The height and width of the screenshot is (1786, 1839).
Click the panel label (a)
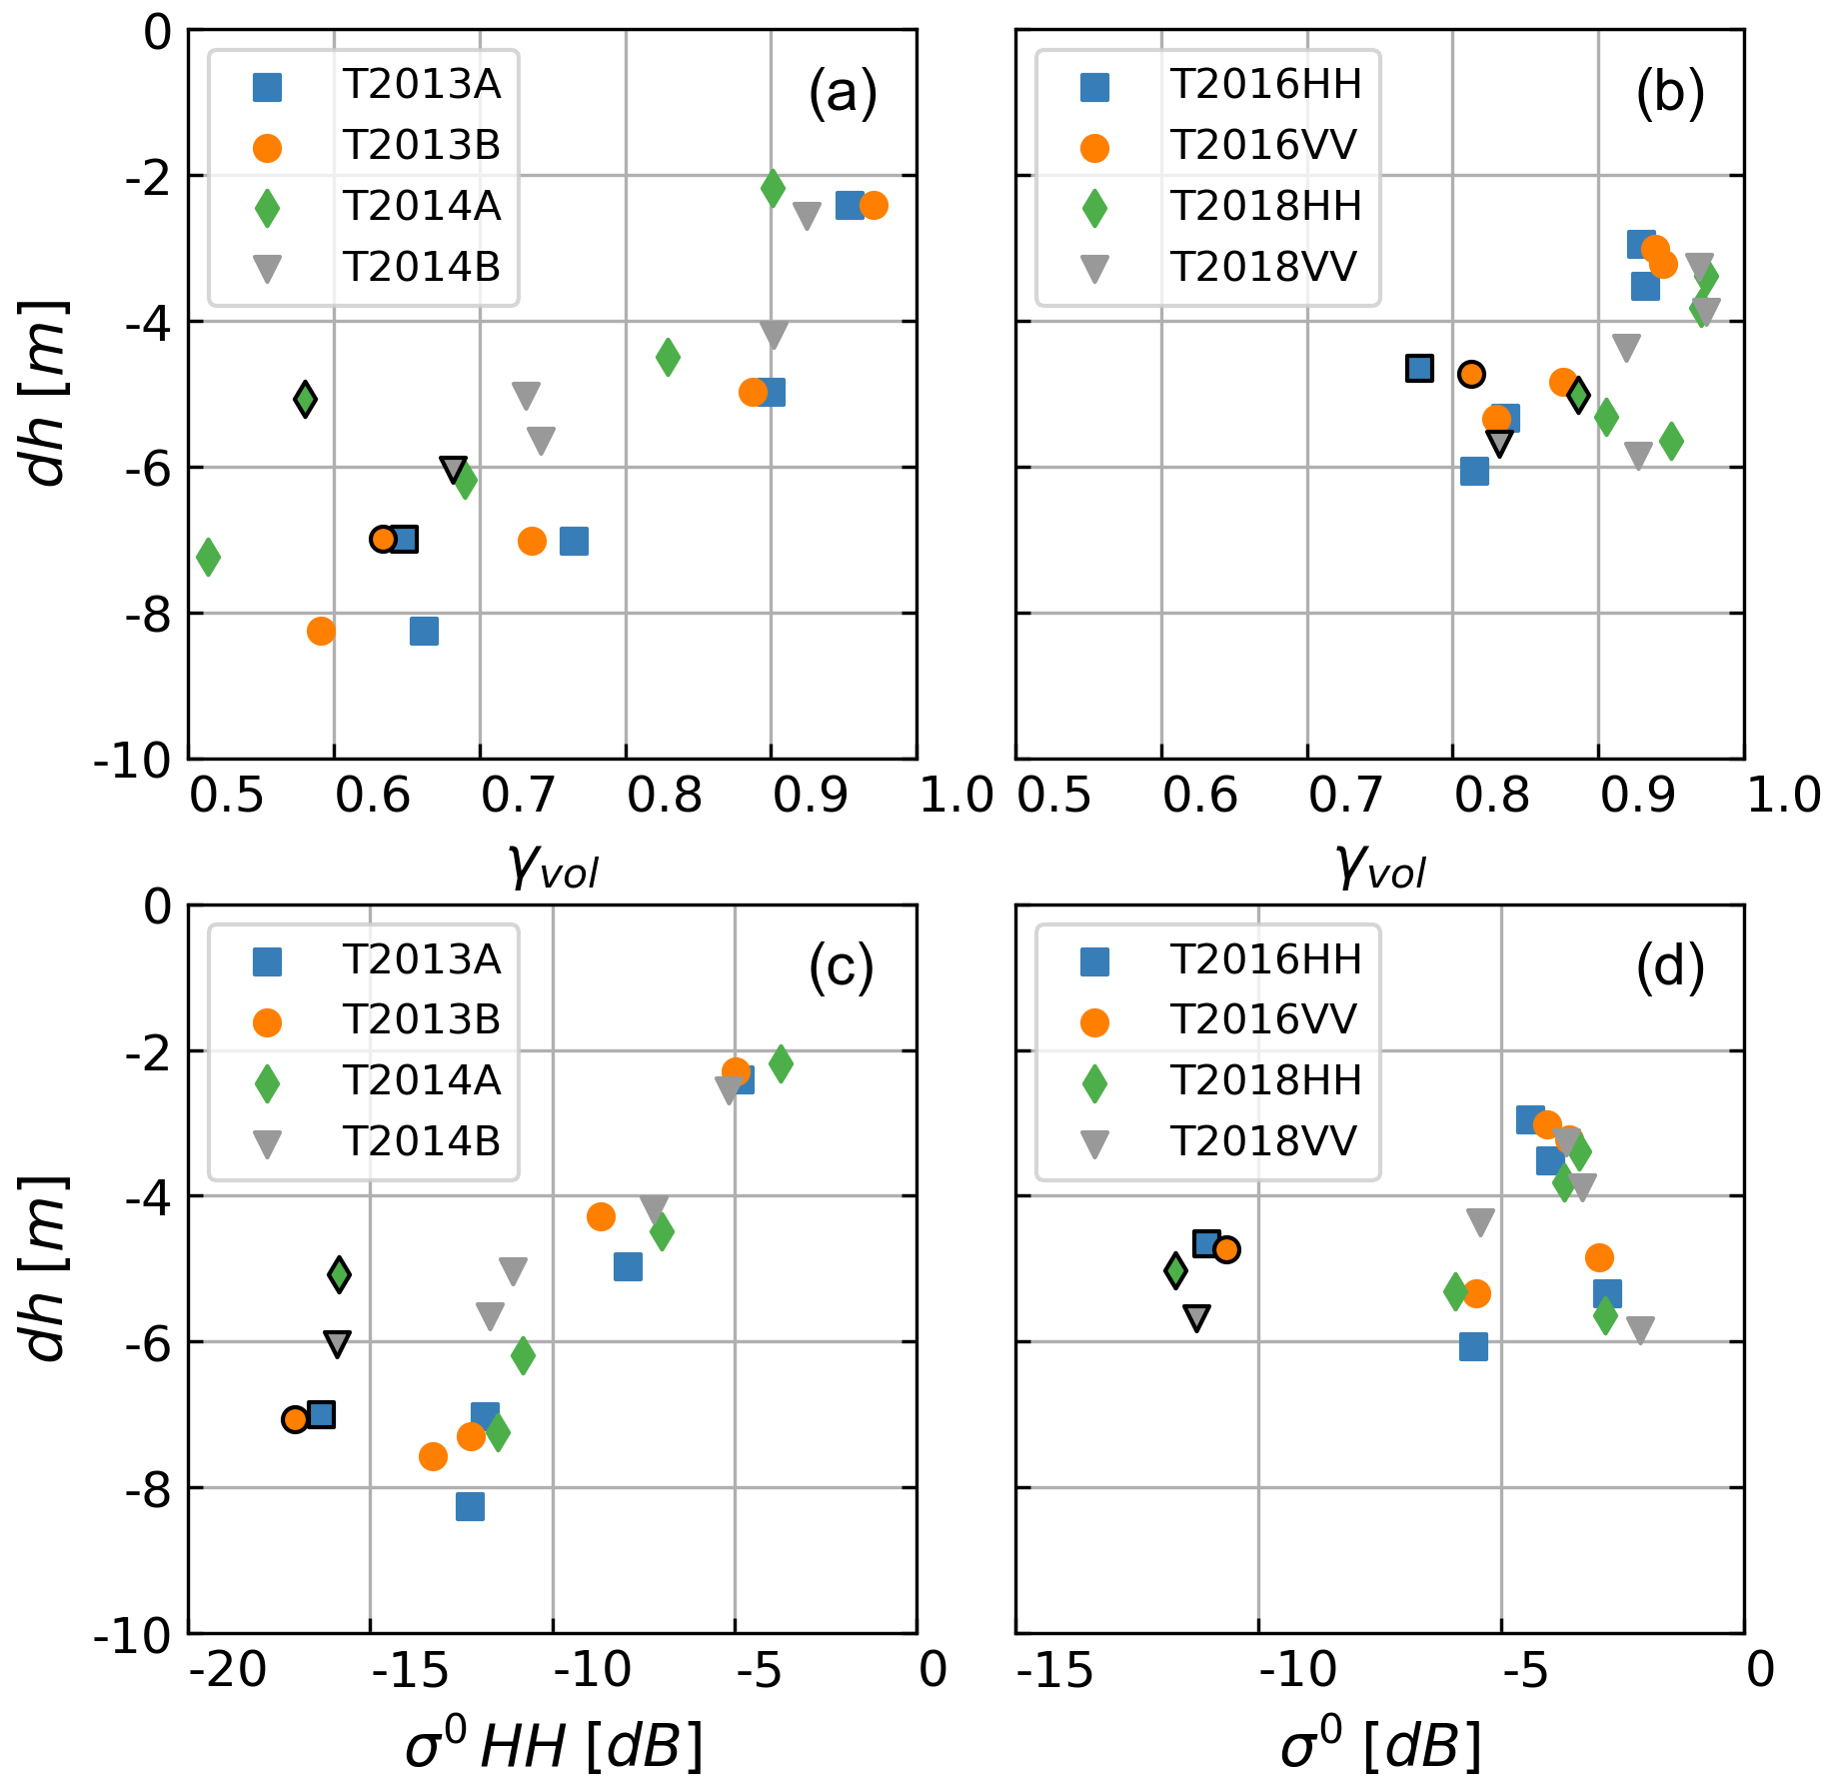coord(842,93)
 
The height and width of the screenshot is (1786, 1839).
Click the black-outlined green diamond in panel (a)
coord(306,399)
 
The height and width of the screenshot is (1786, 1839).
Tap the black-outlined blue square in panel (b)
coord(1419,368)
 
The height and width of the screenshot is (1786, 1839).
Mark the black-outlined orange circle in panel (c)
coord(295,1419)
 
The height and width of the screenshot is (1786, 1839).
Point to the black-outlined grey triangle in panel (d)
coord(1196,1317)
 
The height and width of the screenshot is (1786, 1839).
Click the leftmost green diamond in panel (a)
coord(208,557)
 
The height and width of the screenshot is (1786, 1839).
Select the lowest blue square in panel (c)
coord(470,1506)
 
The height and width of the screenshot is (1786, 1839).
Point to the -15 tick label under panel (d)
coord(1055,1670)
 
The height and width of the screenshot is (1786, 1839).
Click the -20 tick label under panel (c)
coord(228,1670)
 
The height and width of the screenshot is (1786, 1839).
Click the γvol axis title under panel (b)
coord(1379,866)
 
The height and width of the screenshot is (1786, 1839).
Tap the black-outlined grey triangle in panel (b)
coord(1498,443)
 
